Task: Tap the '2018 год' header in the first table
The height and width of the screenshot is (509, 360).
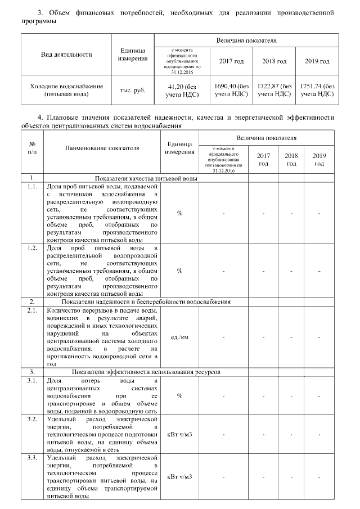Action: coord(274,61)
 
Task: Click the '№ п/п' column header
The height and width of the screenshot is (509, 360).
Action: coord(33,148)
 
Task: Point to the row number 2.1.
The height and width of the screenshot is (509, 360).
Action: coord(33,309)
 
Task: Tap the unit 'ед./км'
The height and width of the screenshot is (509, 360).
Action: coord(179,337)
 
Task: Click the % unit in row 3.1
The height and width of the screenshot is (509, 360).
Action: coord(179,395)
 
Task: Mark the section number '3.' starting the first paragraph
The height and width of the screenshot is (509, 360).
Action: coord(40,12)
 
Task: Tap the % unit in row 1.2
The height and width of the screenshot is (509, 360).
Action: coord(179,271)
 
